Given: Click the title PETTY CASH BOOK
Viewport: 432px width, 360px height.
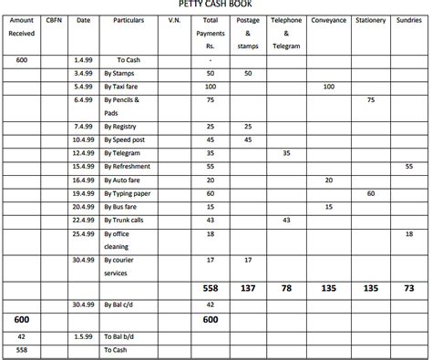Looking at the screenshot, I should point(216,5).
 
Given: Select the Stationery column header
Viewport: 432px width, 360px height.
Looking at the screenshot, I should point(370,20).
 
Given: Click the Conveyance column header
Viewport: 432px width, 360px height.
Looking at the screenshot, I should point(328,20).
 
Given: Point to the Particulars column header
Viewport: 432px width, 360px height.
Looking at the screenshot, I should point(133,20).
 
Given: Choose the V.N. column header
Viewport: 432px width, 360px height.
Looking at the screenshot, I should point(175,20).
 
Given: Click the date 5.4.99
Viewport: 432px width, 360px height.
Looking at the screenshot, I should point(84,86).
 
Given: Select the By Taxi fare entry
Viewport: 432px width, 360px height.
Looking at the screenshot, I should point(126,86).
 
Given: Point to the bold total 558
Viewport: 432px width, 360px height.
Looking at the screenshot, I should point(211,287).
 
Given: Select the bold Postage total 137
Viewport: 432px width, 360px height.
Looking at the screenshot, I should point(248,287).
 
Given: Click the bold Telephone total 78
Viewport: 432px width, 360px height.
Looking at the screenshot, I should point(286,287).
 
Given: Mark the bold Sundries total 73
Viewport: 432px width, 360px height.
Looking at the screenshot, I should point(408,287).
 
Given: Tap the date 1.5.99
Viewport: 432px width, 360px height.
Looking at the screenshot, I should point(84,335).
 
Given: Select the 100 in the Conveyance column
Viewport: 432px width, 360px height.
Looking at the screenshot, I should point(328,86).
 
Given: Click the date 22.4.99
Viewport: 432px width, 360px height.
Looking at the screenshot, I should point(84,221).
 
